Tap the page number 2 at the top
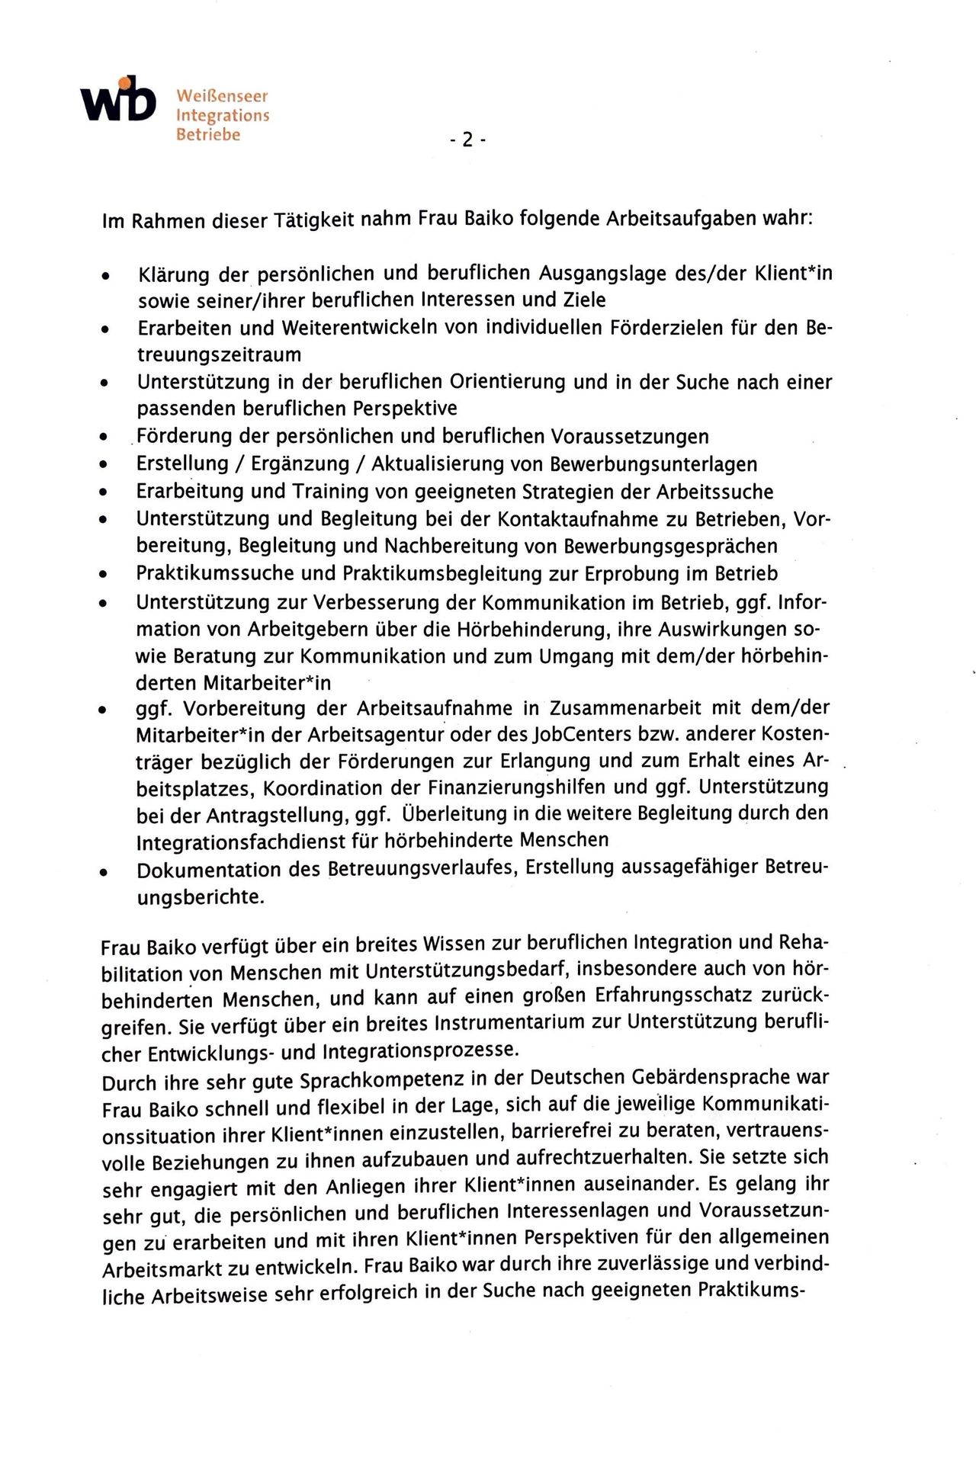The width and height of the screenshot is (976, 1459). (467, 139)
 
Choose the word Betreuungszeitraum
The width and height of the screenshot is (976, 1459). (219, 354)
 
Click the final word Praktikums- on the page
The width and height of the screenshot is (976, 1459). (740, 1292)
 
